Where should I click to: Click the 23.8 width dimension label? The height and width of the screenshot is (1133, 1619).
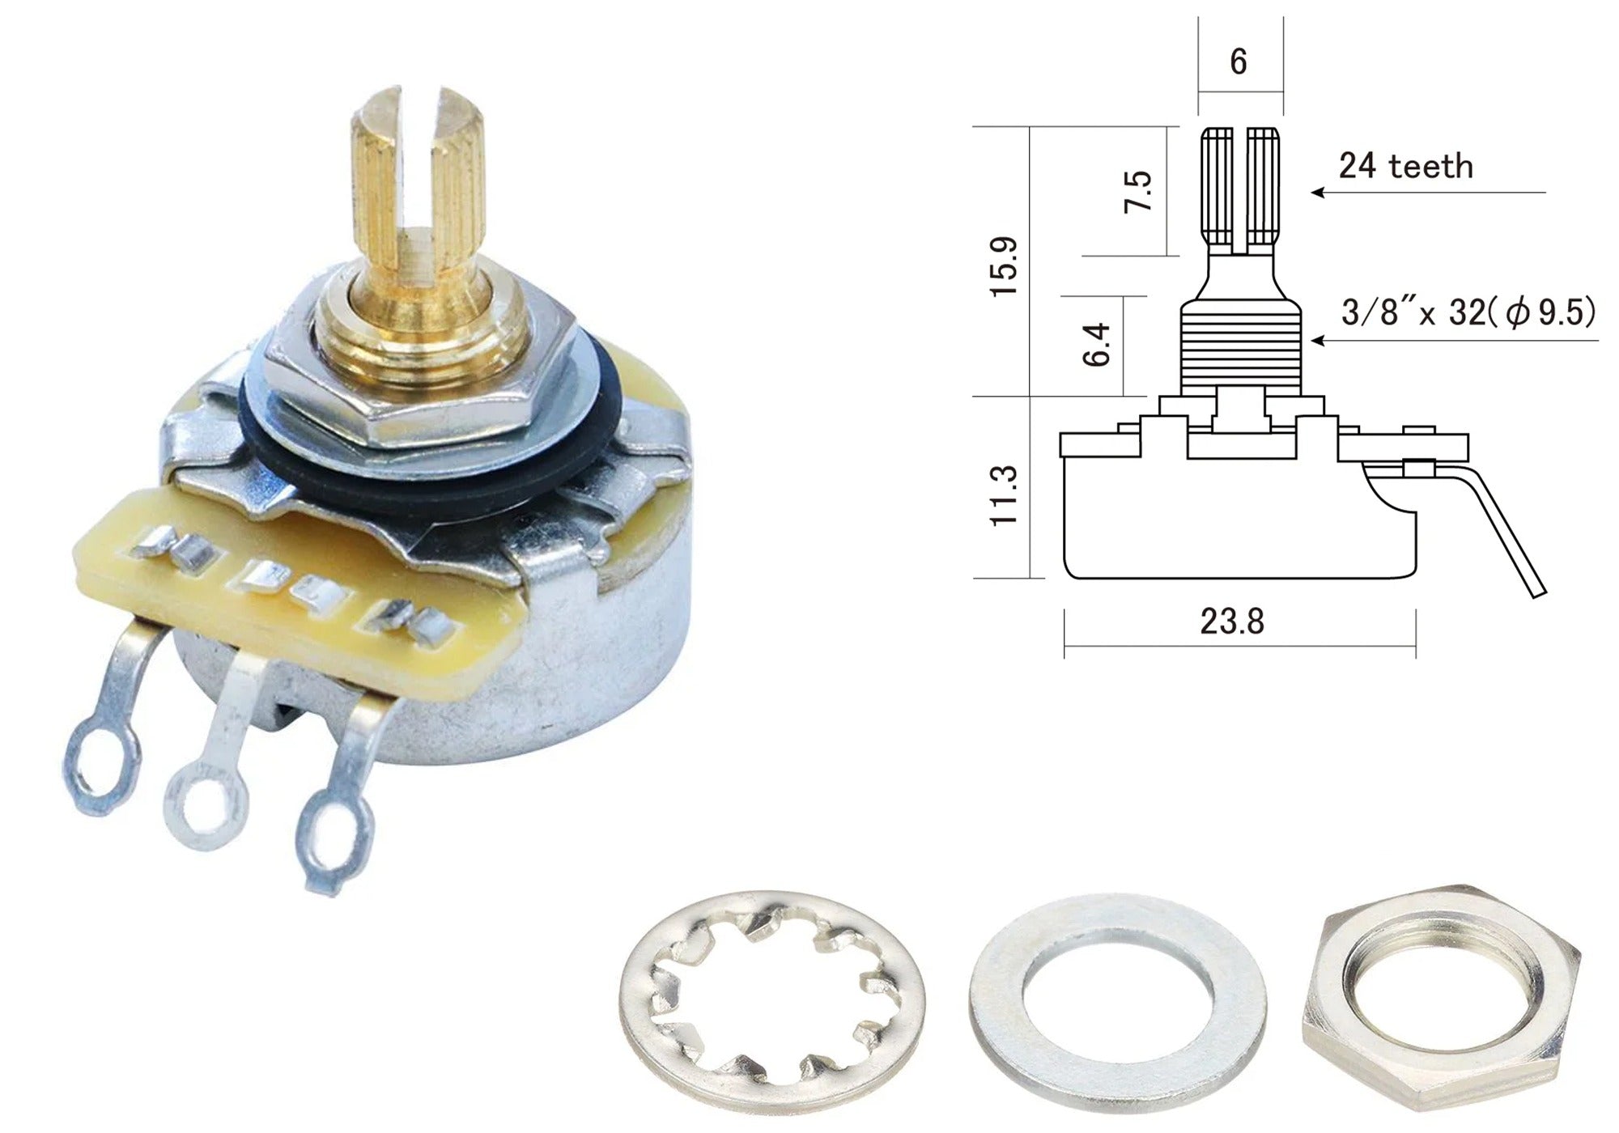pos(1231,622)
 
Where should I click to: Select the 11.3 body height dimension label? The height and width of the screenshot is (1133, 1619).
pos(1005,495)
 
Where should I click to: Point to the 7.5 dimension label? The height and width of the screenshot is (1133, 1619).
pos(1137,191)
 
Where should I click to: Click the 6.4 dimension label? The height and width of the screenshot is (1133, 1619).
pos(1096,345)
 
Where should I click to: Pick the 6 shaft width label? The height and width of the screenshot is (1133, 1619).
pos(1238,62)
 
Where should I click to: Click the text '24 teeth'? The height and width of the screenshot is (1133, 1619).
pos(1405,166)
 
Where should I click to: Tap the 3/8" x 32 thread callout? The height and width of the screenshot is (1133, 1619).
pos(1468,312)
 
